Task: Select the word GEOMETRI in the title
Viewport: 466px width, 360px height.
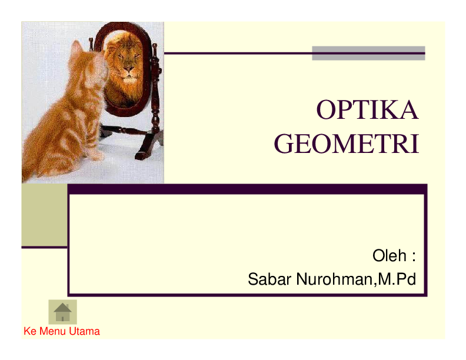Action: click(347, 144)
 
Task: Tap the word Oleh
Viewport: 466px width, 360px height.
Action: click(389, 256)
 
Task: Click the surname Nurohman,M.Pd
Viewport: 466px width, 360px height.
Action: click(355, 279)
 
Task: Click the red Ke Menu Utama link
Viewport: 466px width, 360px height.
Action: click(62, 331)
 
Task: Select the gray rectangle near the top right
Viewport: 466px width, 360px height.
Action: click(368, 53)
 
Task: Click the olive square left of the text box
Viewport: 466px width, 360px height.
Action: click(44, 215)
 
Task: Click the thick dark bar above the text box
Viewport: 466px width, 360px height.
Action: click(247, 189)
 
